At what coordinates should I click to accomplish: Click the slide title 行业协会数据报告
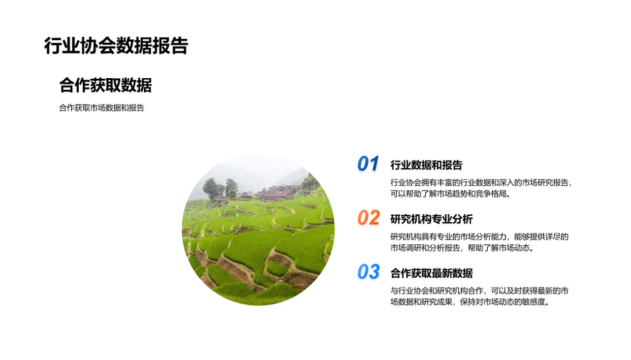(116, 46)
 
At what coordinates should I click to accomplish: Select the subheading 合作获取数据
(105, 85)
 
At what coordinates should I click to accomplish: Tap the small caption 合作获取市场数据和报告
(101, 108)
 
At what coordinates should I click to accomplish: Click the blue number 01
(368, 164)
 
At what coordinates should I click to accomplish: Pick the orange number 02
(368, 217)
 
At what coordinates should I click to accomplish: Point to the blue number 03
(368, 272)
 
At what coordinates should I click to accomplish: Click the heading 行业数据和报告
(426, 165)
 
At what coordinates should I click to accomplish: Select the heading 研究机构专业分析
(431, 219)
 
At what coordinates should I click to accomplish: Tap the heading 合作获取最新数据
(431, 273)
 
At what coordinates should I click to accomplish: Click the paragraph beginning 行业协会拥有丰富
(481, 189)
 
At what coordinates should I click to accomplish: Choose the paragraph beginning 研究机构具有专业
(479, 242)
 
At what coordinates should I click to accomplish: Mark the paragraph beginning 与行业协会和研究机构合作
(479, 296)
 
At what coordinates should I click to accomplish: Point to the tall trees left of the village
(220, 189)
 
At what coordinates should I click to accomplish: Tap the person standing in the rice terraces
(288, 225)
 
